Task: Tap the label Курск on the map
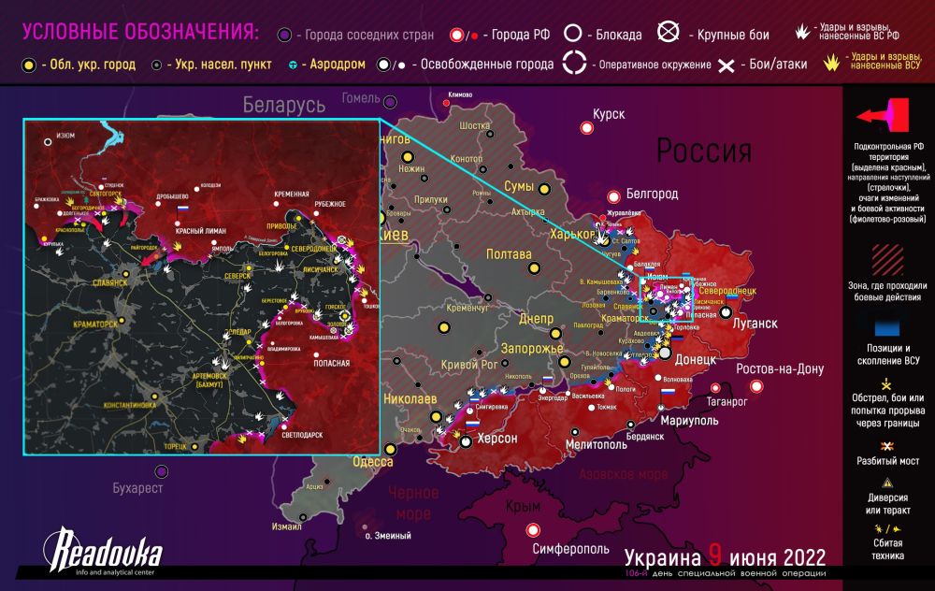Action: click(x=608, y=114)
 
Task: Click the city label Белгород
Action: click(x=653, y=194)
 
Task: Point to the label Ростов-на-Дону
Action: click(x=780, y=369)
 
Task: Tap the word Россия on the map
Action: click(x=703, y=151)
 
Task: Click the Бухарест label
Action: click(x=137, y=487)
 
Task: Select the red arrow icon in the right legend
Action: click(x=883, y=116)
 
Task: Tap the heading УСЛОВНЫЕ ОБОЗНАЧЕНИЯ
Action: click(x=140, y=33)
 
